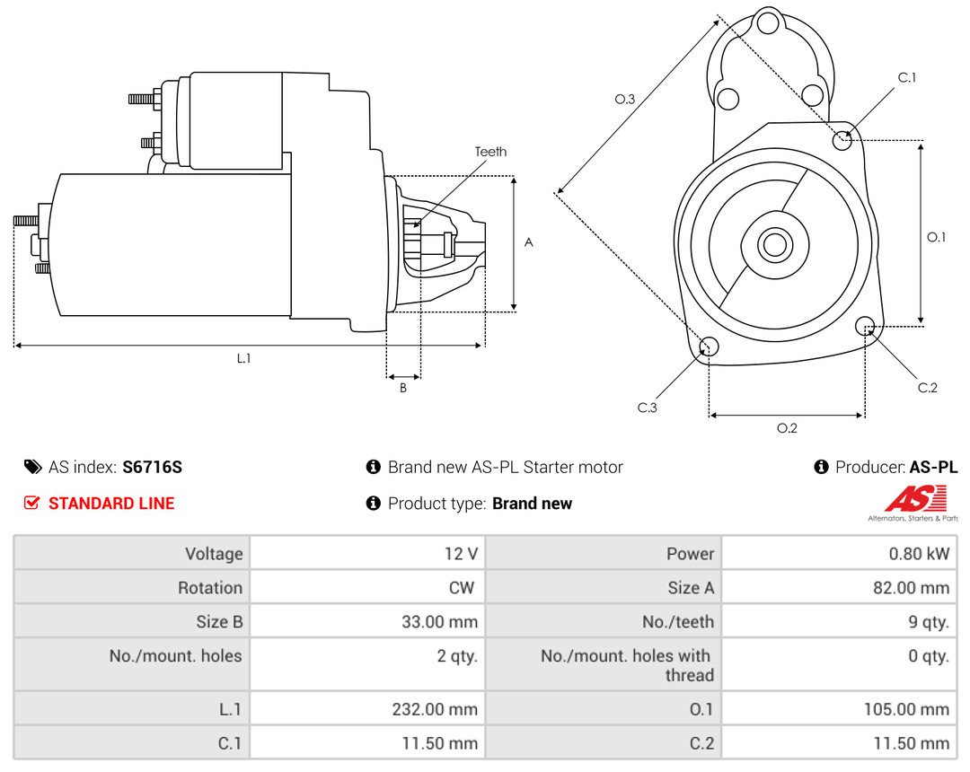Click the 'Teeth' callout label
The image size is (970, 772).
click(x=490, y=152)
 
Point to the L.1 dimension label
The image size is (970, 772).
click(x=243, y=358)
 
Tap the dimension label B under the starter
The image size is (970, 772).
click(x=403, y=388)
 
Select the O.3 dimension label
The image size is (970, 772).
click(x=625, y=100)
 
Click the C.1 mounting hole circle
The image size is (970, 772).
click(x=842, y=140)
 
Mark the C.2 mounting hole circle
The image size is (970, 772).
click(x=866, y=325)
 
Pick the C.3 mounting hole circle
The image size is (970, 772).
click(x=709, y=347)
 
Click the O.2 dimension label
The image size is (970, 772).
click(x=787, y=428)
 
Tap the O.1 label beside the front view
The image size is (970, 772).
click(x=936, y=237)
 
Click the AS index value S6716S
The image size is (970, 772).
click(x=153, y=467)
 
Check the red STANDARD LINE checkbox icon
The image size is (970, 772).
click(x=32, y=504)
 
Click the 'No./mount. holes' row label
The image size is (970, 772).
click(x=176, y=656)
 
